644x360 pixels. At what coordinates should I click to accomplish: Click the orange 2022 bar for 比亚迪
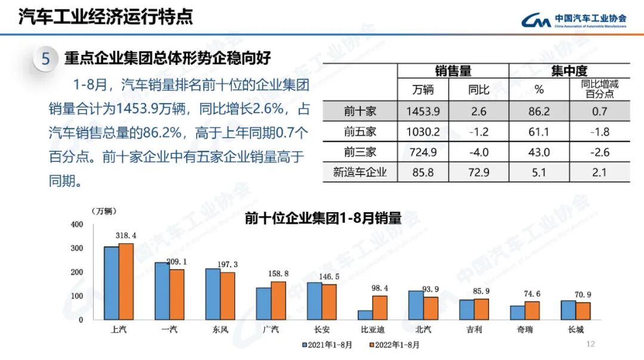(380, 308)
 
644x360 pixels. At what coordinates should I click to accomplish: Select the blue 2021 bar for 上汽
(112, 283)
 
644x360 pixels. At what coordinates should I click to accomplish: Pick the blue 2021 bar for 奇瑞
(518, 313)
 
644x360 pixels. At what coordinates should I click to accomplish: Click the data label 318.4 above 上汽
(126, 236)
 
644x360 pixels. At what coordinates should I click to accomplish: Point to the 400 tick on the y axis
(77, 225)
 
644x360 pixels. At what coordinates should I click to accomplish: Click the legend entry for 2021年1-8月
(327, 345)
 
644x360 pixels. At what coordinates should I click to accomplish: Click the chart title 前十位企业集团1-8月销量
(323, 218)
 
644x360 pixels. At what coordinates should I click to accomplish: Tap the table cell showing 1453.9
(423, 111)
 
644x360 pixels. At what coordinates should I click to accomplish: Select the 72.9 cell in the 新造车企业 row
(478, 173)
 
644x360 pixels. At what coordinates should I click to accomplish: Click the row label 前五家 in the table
(360, 132)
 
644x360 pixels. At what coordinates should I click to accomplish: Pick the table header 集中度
(569, 72)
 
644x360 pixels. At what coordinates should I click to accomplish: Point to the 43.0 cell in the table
(539, 152)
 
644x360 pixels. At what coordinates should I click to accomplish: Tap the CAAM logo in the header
(536, 21)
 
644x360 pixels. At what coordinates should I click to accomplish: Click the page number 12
(591, 344)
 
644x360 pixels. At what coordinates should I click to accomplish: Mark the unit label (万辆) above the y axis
(104, 211)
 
